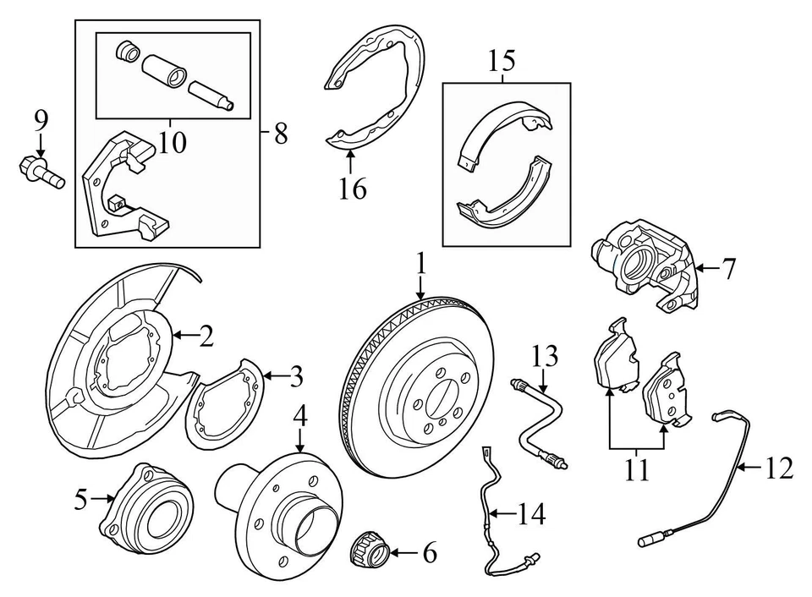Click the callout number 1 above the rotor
420,266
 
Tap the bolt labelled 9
38,170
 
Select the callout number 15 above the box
502,61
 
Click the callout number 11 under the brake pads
636,468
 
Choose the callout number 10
172,141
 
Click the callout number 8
281,133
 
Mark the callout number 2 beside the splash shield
205,337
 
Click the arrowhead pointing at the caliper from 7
699,268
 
